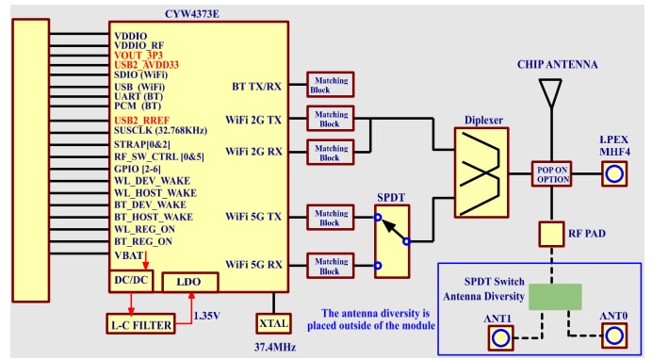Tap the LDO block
click(x=190, y=282)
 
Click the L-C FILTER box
click(x=139, y=325)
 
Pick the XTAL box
click(x=272, y=323)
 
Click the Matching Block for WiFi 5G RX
click(x=330, y=266)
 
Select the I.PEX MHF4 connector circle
click(x=614, y=174)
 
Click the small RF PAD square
click(x=551, y=233)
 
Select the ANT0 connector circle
click(x=614, y=336)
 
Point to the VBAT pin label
click(x=129, y=254)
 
